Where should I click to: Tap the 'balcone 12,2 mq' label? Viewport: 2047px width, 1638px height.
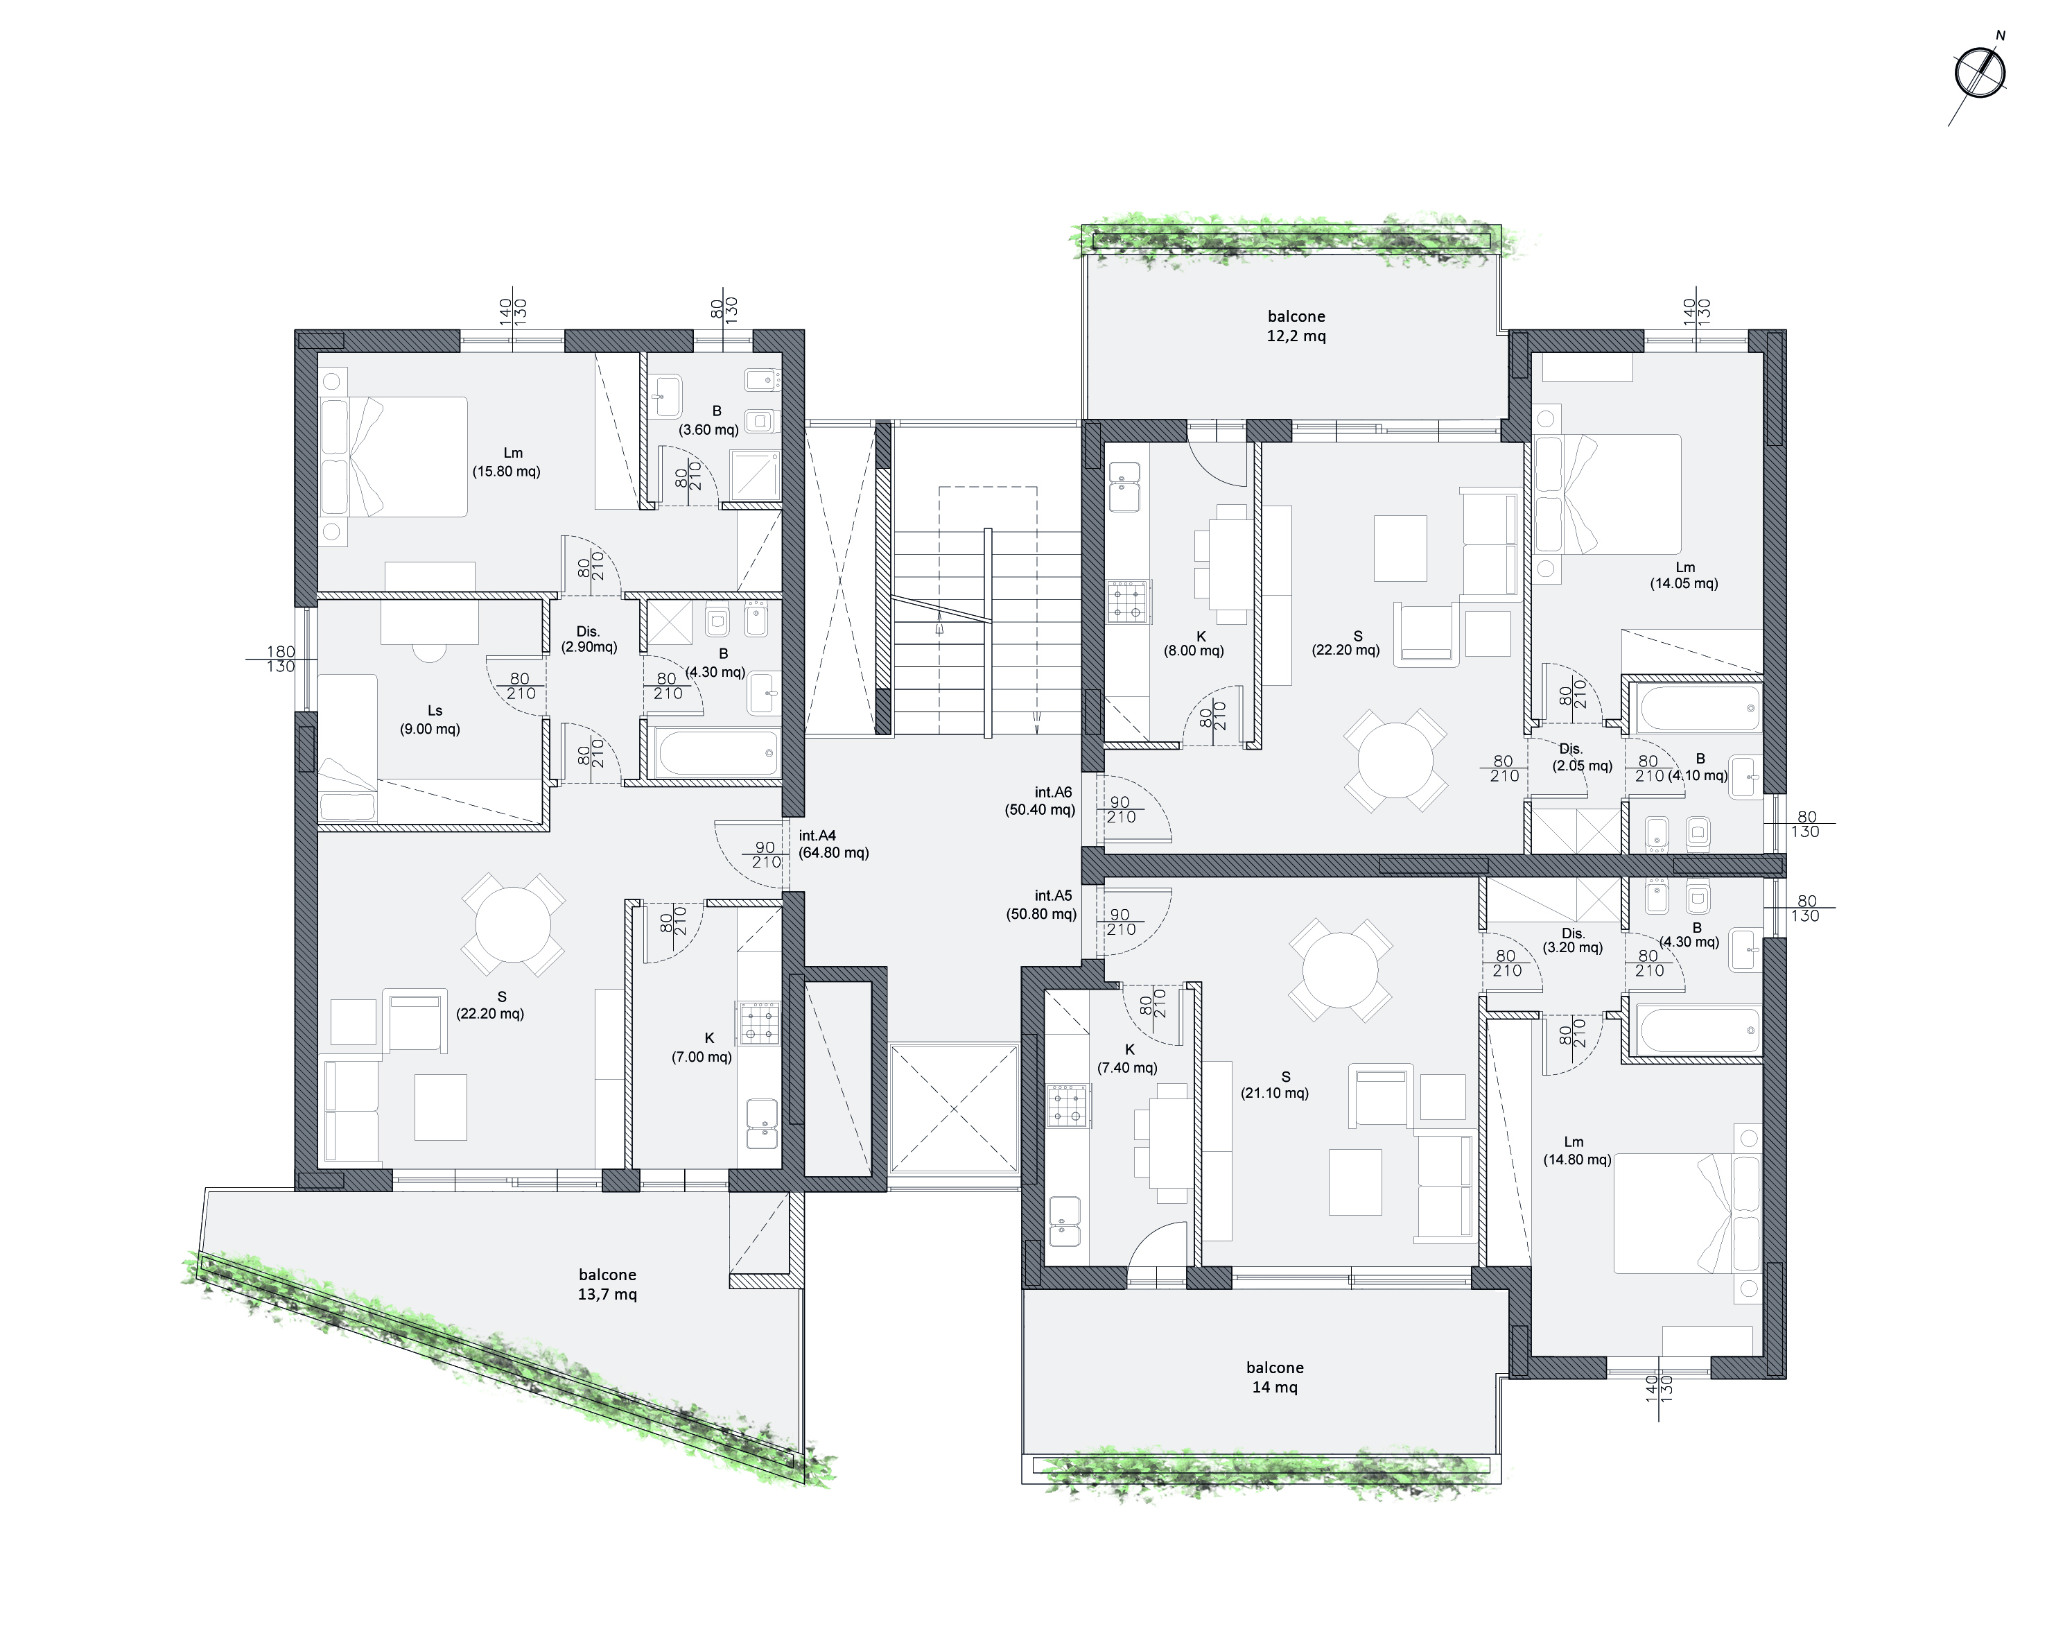[x=1296, y=326]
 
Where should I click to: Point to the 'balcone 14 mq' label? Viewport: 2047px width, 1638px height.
[x=1274, y=1377]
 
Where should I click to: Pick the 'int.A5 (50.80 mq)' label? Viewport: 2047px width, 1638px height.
[x=1042, y=904]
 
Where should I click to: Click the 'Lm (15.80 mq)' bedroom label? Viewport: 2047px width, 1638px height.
[x=507, y=461]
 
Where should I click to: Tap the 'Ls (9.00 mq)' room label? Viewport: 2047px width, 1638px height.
[x=430, y=720]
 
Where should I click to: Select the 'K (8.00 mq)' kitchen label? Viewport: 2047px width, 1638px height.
[x=1194, y=643]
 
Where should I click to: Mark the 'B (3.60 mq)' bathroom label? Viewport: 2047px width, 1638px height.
[x=708, y=420]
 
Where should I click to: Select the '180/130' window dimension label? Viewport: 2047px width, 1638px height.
[x=280, y=659]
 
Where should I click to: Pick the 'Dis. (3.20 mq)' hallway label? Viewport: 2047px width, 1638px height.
[x=1572, y=940]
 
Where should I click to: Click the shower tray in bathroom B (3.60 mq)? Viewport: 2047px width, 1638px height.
[x=755, y=475]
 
